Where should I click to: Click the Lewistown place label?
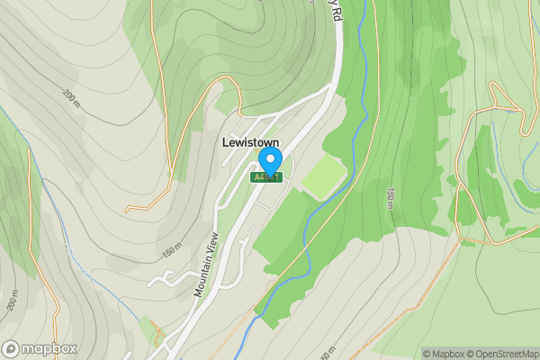(x=250, y=142)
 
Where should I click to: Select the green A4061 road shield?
(x=266, y=177)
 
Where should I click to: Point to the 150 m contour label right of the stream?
(x=390, y=201)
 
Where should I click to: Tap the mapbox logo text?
(x=49, y=349)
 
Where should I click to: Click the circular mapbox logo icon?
(x=12, y=349)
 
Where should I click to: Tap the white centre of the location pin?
(x=269, y=158)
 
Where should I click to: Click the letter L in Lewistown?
(x=225, y=142)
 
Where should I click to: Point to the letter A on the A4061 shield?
(x=257, y=177)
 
